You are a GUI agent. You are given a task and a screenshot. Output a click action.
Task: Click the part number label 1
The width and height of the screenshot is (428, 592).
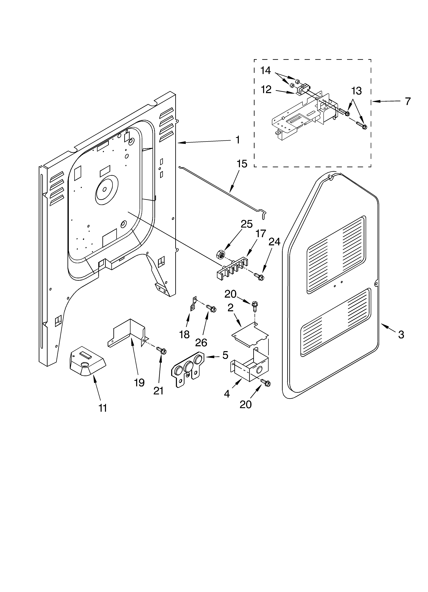[x=238, y=140]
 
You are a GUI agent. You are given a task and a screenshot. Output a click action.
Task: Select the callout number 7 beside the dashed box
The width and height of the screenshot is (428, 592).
[x=408, y=101]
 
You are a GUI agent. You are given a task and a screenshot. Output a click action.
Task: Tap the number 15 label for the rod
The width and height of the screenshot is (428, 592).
[x=242, y=164]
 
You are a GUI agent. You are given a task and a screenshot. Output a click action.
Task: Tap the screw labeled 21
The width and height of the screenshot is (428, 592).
[x=162, y=351]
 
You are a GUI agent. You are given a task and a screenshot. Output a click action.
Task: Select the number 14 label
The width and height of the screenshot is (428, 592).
[x=266, y=70]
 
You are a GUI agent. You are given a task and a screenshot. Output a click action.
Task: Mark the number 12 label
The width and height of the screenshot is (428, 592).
[x=266, y=90]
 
